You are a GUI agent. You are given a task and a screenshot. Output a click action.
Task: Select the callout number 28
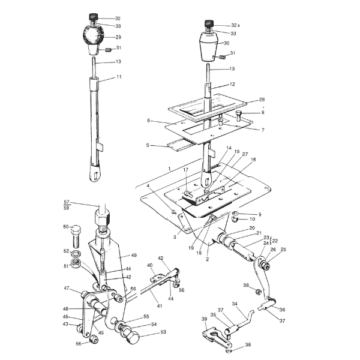262,100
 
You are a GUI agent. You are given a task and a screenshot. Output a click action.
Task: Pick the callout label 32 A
236,25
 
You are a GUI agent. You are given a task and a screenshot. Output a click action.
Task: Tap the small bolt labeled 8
239,115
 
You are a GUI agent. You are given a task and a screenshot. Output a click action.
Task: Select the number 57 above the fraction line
67,202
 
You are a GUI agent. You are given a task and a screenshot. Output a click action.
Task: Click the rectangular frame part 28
204,110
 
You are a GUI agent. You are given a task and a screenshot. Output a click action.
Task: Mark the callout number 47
67,289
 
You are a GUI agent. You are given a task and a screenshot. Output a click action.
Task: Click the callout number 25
284,249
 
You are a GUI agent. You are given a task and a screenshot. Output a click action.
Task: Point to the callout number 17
185,170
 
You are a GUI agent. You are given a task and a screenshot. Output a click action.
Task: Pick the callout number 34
235,304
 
